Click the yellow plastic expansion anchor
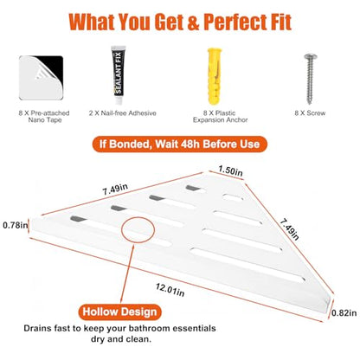[215, 76]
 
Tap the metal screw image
[310, 79]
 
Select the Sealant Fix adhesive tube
[119, 75]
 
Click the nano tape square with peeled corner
[42, 78]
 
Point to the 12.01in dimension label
[170, 290]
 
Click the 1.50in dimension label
[230, 170]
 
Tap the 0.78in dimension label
[16, 225]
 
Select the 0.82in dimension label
[344, 312]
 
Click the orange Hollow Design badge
[119, 312]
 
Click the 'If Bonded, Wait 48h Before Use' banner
[180, 144]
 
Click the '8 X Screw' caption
[310, 113]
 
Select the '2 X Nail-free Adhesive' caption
[123, 113]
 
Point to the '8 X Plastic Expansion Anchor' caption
[220, 117]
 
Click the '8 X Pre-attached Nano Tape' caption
[44, 117]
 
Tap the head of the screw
[310, 55]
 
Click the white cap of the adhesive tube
[119, 100]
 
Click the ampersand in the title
[193, 22]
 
